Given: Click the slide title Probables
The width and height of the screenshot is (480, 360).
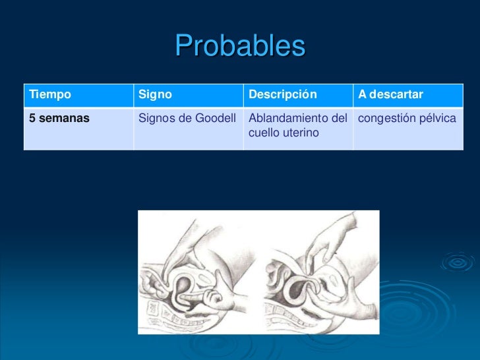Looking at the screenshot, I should pos(240,46).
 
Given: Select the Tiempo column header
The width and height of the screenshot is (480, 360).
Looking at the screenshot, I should pos(49,95).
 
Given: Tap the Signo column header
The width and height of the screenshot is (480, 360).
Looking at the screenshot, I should pos(155,95).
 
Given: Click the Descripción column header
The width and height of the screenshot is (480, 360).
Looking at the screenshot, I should pos(282,95).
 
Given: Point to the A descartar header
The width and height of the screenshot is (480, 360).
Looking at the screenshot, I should pos(390,95).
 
